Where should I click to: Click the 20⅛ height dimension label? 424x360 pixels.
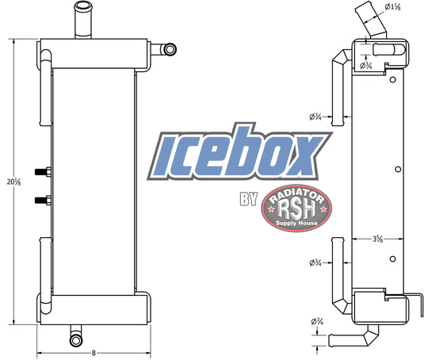click(x=14, y=182)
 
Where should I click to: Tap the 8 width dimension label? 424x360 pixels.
click(x=94, y=353)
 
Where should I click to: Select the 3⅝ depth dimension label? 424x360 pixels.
click(x=377, y=239)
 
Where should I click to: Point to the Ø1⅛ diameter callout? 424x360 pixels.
click(x=392, y=7)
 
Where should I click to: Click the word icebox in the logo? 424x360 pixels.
click(x=239, y=152)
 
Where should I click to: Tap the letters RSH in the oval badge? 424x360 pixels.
click(x=296, y=209)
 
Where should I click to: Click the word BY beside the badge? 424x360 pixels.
click(x=249, y=199)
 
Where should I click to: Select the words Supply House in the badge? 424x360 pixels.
click(x=296, y=224)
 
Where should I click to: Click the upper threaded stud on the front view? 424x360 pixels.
click(x=43, y=172)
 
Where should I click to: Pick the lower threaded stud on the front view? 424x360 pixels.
click(x=43, y=200)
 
